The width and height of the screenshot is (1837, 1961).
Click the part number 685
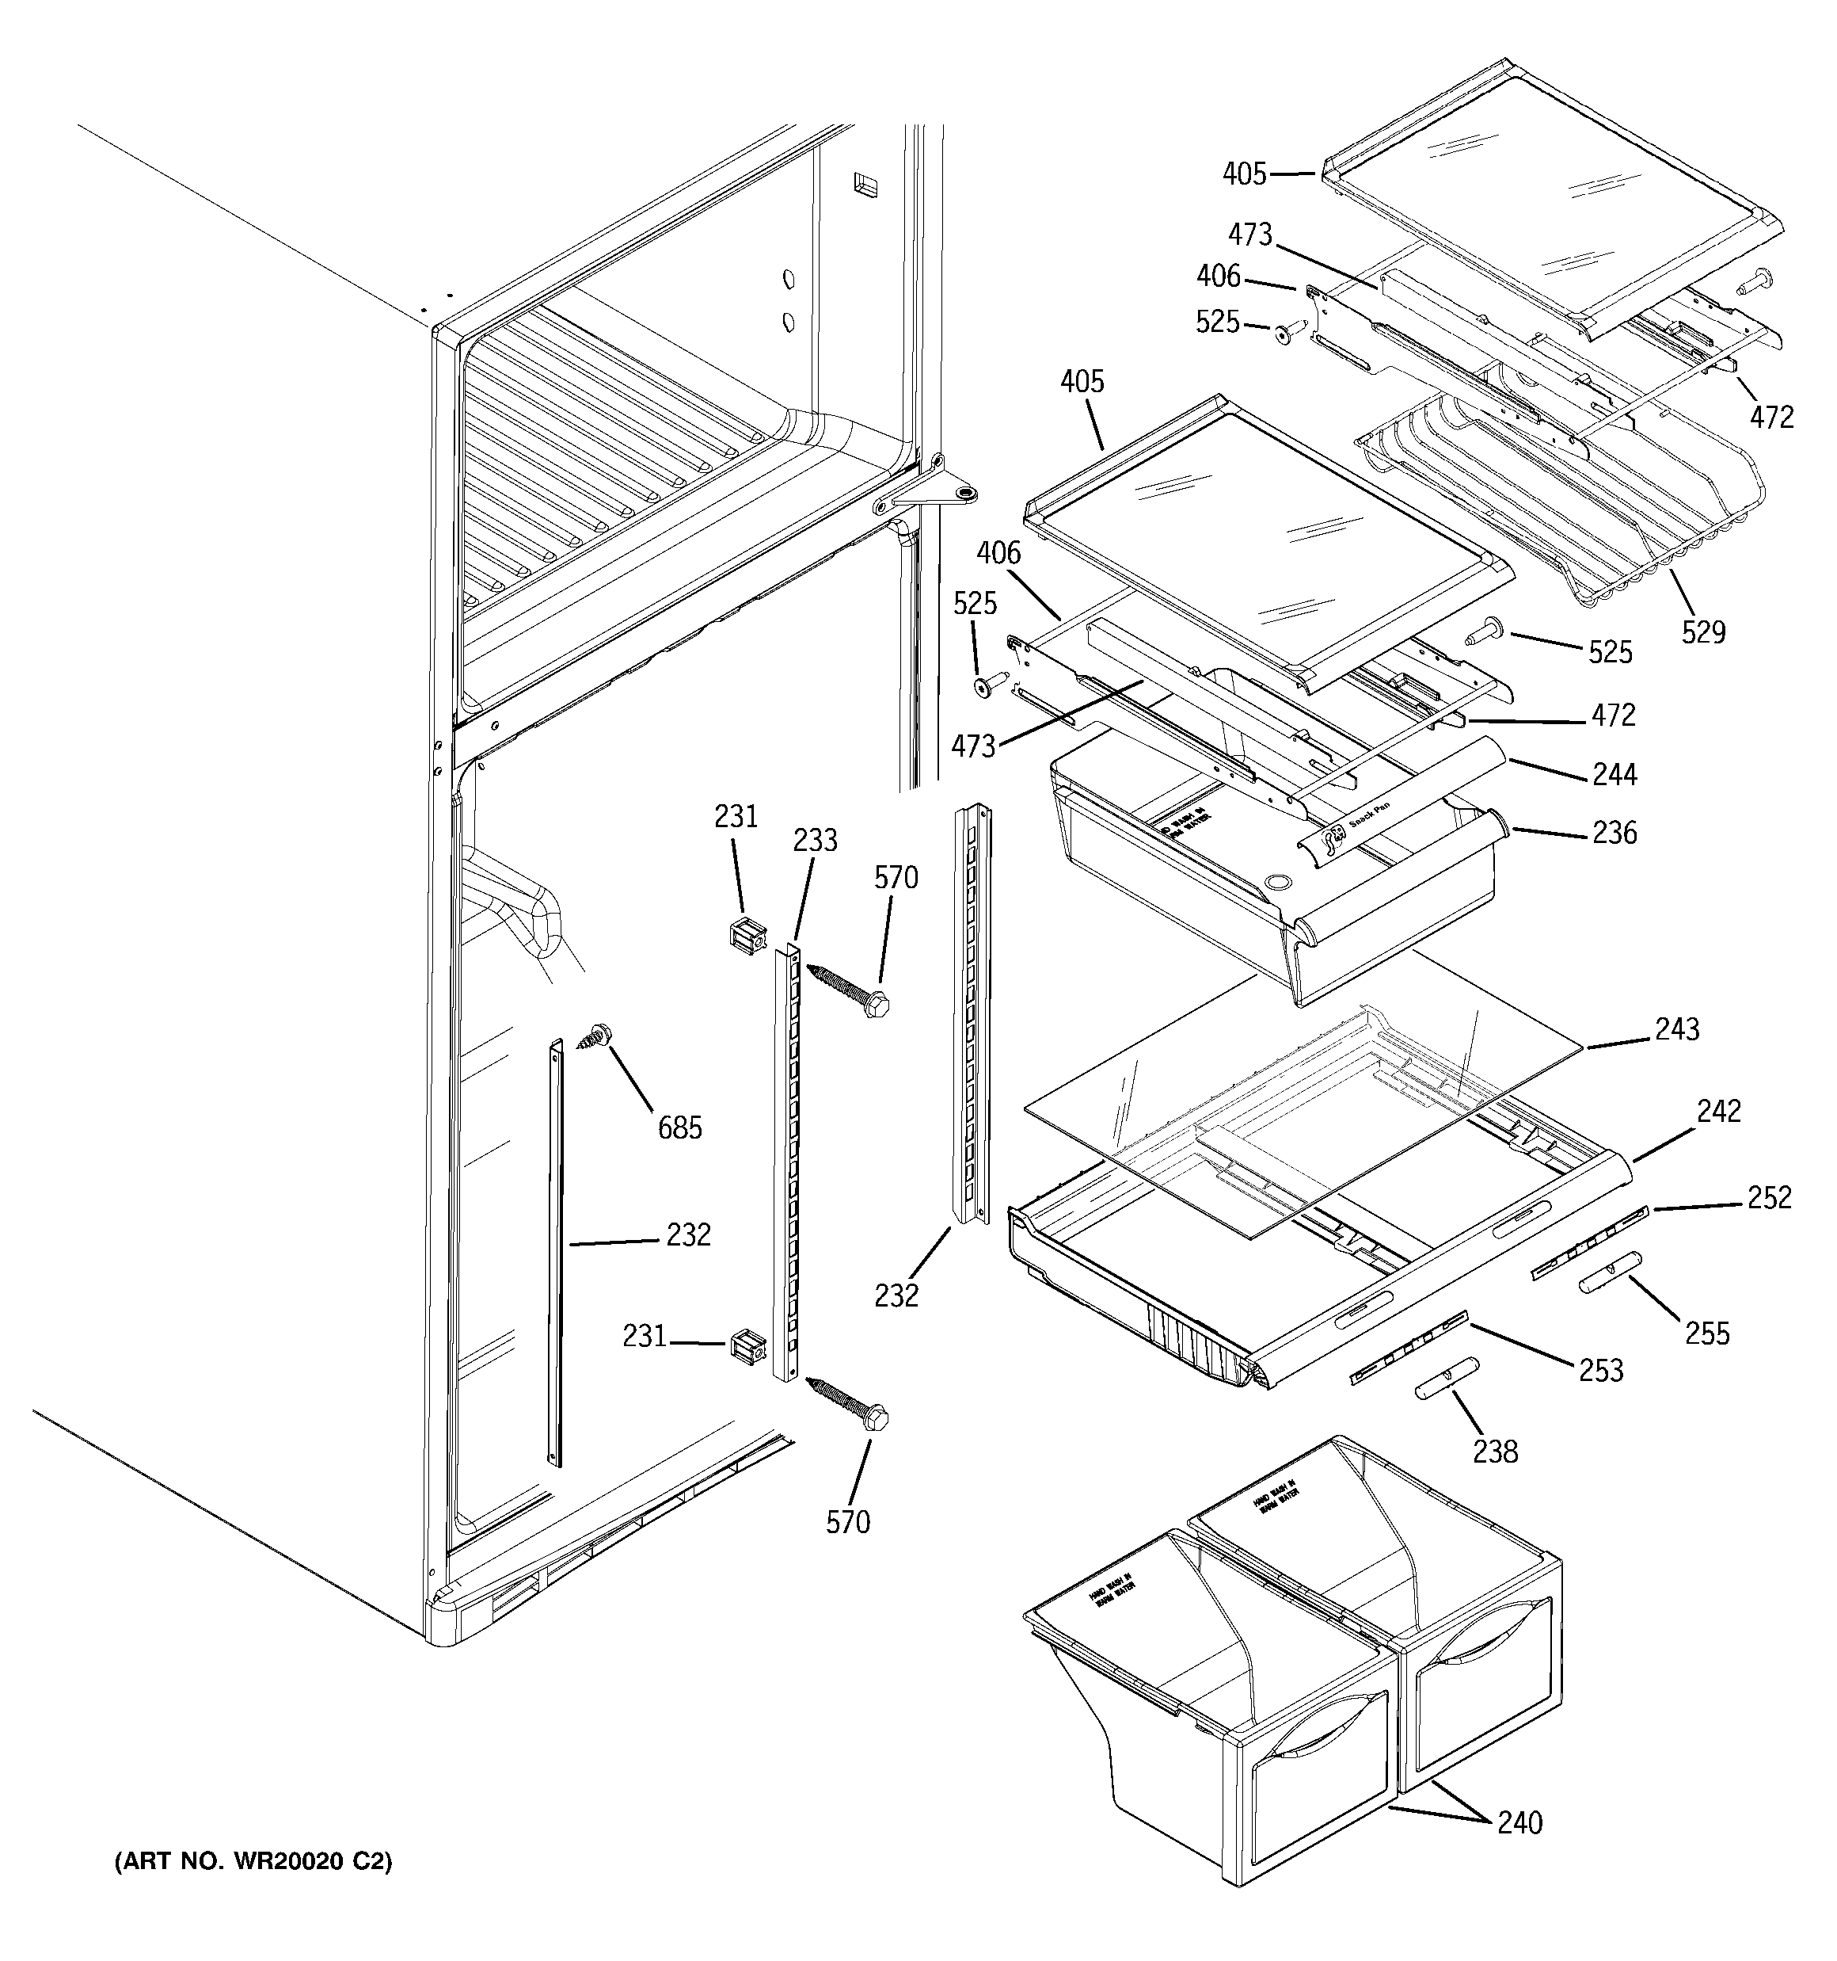[680, 1127]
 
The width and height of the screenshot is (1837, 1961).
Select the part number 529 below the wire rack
[1703, 631]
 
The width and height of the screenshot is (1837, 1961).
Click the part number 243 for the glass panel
[1677, 1029]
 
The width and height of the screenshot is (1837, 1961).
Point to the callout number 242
[1719, 1111]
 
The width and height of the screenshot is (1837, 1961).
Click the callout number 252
[1769, 1196]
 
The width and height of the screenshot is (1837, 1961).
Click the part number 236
[1615, 834]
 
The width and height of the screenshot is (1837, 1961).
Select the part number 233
[816, 841]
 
